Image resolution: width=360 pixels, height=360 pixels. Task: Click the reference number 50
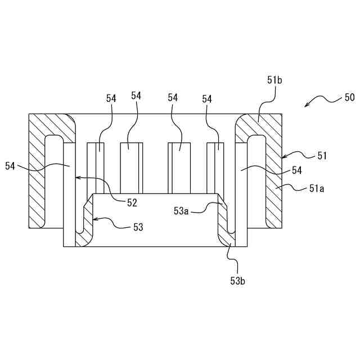point(349,97)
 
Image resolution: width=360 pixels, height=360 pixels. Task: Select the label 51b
point(274,80)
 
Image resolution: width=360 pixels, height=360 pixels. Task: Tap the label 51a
point(317,189)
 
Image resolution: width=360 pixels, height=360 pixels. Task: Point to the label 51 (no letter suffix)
point(322,155)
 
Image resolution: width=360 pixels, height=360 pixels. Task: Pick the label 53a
point(181,211)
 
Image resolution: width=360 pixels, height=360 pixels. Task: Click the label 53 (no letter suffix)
point(138,227)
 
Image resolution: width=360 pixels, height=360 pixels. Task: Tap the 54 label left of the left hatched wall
point(11,166)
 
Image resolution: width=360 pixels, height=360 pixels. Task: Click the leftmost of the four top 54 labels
point(111,98)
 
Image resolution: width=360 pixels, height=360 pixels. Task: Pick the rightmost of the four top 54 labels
point(207,98)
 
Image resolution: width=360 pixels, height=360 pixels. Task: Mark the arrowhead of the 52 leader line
point(77,177)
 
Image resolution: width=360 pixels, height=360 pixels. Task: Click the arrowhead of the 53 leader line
point(94,220)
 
